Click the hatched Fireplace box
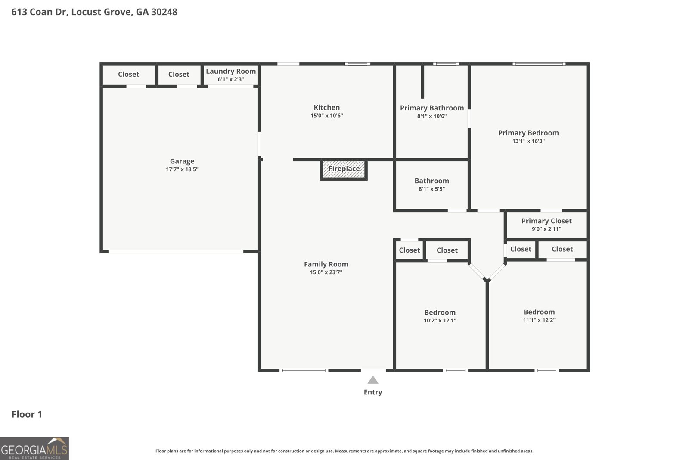344,170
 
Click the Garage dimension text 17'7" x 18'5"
182,169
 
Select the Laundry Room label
231,71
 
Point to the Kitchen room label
327,107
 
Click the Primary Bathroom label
432,108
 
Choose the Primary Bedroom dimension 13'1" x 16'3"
528,141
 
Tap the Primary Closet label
546,221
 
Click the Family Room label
326,264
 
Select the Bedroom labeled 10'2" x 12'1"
440,313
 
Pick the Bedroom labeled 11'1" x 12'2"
539,312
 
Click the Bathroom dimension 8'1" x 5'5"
431,189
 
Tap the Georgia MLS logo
34,448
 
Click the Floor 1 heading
27,414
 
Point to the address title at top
94,12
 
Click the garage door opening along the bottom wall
176,252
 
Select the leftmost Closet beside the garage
129,74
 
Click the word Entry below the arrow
373,392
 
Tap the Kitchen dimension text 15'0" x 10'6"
327,116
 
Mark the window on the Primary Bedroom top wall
539,64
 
